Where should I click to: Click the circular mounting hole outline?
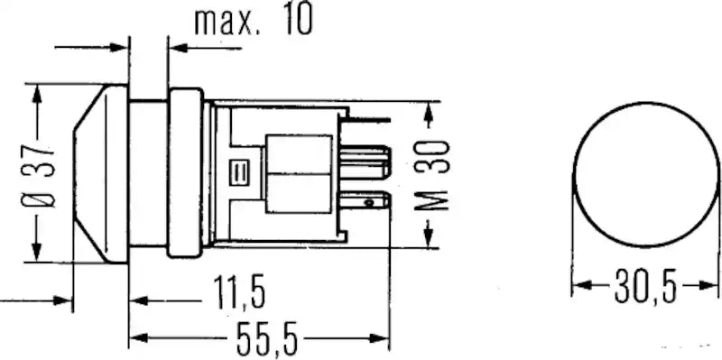click(643, 173)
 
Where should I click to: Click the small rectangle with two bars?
click(241, 171)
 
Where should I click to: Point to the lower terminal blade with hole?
click(370, 202)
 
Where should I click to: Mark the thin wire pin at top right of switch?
click(370, 119)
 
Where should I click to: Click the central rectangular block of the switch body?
click(300, 173)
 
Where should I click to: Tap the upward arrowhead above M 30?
click(429, 106)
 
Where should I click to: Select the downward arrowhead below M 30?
click(429, 240)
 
